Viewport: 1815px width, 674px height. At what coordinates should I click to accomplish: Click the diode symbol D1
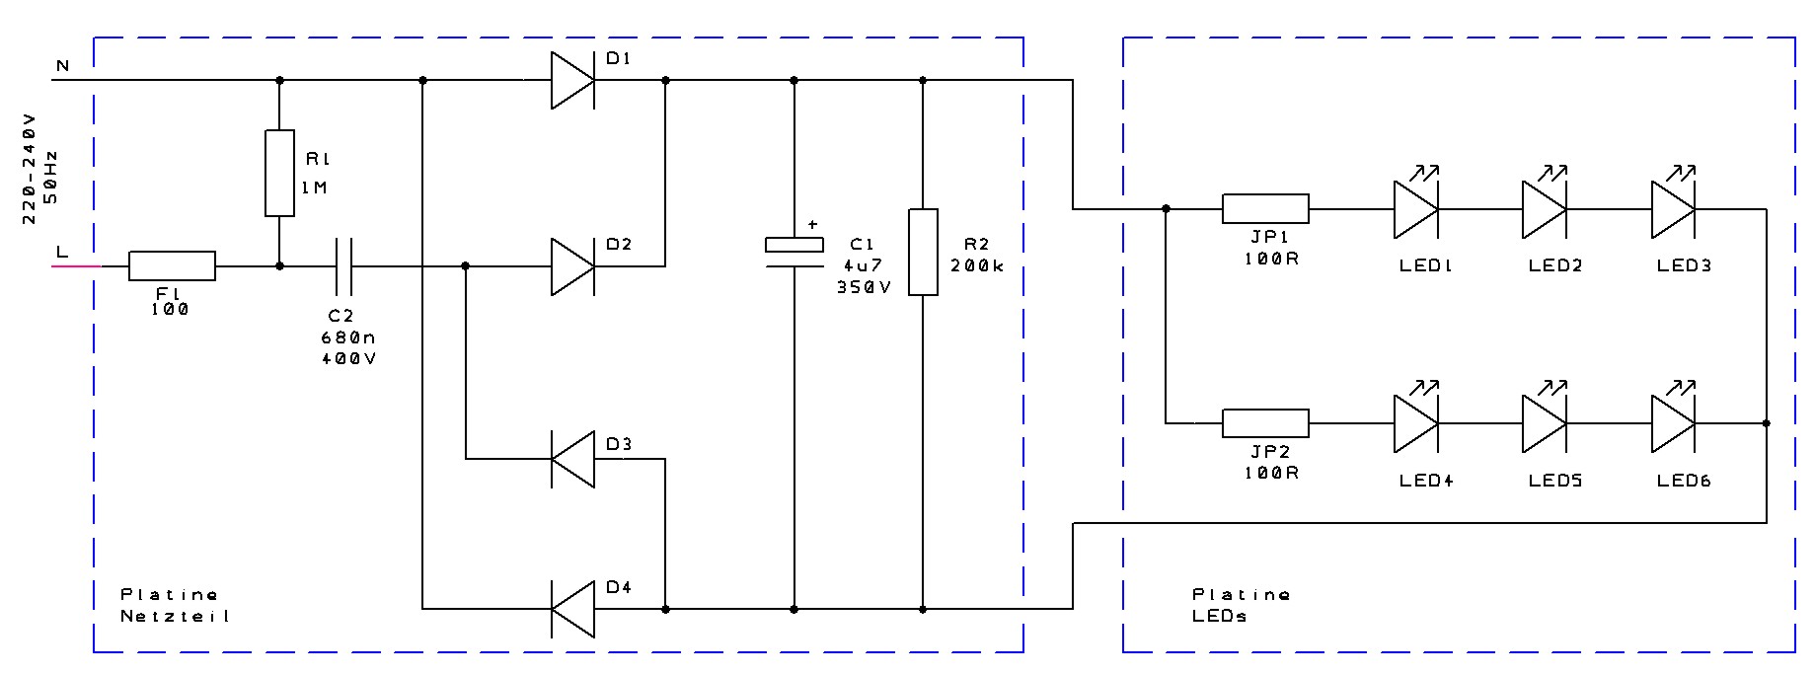click(x=572, y=80)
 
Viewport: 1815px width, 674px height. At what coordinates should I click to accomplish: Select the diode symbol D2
click(x=572, y=265)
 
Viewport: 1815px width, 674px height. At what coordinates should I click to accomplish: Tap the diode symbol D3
click(x=572, y=459)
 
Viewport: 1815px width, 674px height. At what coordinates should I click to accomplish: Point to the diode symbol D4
click(x=572, y=610)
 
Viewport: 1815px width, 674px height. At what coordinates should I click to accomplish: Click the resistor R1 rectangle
click(x=279, y=173)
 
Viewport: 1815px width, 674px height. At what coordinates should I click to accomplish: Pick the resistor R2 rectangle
click(x=923, y=252)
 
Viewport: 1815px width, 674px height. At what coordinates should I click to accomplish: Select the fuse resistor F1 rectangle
click(x=172, y=265)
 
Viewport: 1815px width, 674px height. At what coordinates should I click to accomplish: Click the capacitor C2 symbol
click(x=341, y=265)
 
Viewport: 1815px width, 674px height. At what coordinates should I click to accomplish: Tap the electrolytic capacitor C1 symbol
click(x=794, y=252)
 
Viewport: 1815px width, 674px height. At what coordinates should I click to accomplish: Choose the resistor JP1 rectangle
click(x=1265, y=209)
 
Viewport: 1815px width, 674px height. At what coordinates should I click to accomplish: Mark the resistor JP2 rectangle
click(x=1265, y=423)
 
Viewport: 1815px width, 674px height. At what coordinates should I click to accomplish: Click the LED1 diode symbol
click(x=1415, y=209)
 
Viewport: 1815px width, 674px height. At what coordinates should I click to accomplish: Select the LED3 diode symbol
click(x=1673, y=209)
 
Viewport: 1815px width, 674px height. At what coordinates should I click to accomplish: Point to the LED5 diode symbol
click(x=1544, y=423)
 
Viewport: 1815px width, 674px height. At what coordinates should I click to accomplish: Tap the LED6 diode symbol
click(x=1673, y=423)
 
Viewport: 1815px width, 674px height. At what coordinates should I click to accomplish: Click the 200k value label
click(x=976, y=266)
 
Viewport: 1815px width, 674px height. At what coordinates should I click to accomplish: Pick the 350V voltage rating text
click(x=863, y=287)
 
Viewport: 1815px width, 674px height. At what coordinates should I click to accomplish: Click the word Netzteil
click(x=175, y=616)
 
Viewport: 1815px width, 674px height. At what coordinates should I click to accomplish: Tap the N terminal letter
click(x=62, y=66)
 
